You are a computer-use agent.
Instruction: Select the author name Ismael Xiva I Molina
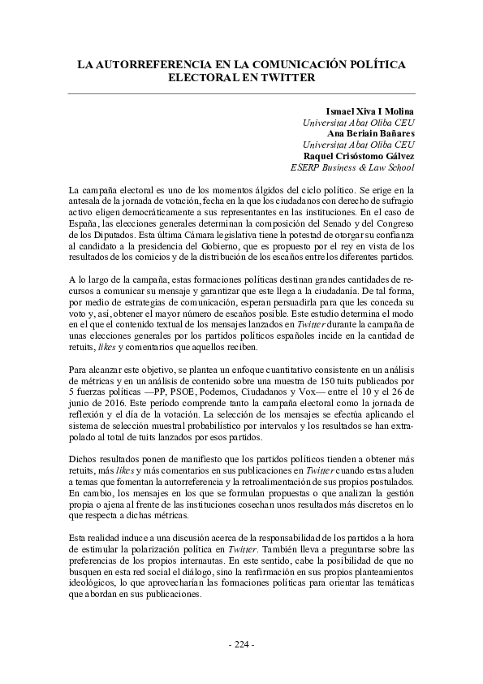pyautogui.click(x=369, y=110)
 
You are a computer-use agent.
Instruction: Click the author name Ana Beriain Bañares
pyautogui.click(x=371, y=133)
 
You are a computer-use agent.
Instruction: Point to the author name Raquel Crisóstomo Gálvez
pyautogui.click(x=359, y=156)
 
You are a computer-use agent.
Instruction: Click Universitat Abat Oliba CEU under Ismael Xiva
pyautogui.click(x=358, y=122)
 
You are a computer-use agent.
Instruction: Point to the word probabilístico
pyautogui.click(x=205, y=427)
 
